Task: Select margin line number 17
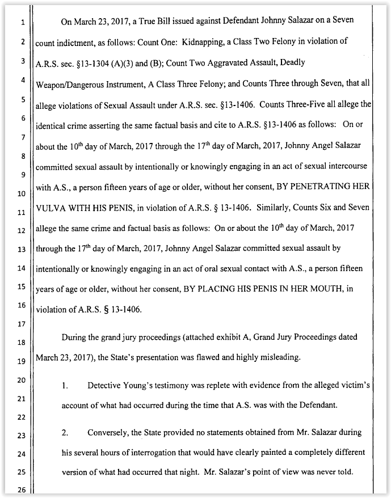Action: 22,324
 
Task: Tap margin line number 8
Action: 22,156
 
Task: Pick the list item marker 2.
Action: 65,433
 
